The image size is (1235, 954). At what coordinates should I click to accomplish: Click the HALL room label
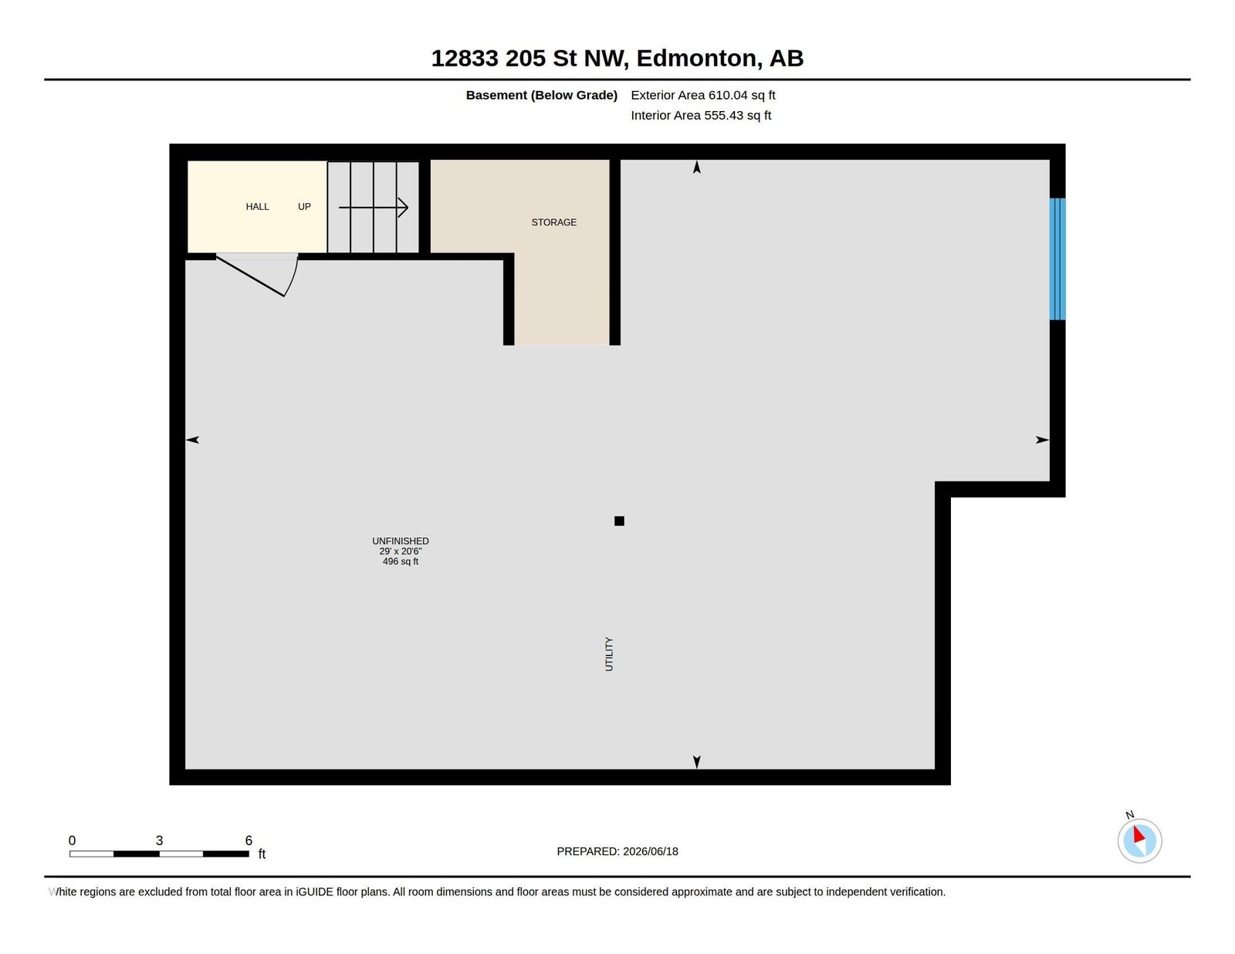point(257,207)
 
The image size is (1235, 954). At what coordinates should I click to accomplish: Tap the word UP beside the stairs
point(304,207)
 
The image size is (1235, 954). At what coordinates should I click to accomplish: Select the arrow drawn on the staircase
point(374,208)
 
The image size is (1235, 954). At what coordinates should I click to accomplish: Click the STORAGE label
point(553,222)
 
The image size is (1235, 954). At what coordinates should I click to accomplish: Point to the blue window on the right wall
point(1057,259)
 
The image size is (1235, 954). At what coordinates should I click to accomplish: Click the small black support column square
point(619,521)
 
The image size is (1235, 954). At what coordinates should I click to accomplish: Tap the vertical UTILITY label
point(609,654)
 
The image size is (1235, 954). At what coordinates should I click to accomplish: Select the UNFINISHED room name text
point(400,541)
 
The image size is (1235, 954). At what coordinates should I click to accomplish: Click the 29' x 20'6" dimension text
point(400,551)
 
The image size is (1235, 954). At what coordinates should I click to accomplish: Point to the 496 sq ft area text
point(400,561)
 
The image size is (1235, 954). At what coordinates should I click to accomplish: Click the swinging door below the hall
point(257,276)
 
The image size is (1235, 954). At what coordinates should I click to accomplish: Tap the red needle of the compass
point(1139,834)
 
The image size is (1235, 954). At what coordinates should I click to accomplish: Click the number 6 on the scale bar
point(249,841)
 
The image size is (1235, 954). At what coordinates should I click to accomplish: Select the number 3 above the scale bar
point(159,841)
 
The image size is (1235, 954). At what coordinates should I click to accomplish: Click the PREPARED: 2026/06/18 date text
point(617,851)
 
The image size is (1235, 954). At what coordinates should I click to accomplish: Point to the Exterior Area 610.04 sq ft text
point(703,95)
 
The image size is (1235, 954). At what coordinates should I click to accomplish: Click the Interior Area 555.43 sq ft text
point(701,115)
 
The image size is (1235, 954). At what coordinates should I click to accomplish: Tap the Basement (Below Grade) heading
point(542,95)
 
